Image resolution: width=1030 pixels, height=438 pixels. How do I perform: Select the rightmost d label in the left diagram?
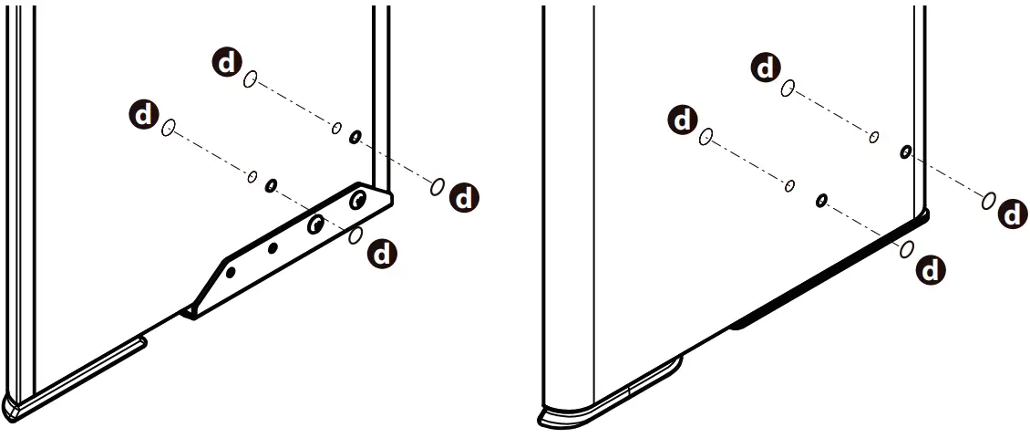(465, 197)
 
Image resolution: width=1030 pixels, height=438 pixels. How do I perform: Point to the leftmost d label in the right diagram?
(682, 120)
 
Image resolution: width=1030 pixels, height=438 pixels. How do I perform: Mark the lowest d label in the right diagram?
(930, 270)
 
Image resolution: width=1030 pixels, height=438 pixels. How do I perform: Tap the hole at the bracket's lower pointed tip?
(231, 272)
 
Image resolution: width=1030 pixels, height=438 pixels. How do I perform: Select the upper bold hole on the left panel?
(355, 137)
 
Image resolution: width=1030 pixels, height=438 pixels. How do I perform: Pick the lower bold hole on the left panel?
(271, 186)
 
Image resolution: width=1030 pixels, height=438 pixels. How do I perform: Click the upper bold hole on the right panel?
(906, 151)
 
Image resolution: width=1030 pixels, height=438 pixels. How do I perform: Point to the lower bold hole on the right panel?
(822, 199)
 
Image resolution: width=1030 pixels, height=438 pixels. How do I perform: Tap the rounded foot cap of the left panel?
(18, 405)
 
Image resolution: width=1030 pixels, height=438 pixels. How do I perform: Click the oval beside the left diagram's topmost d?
(251, 80)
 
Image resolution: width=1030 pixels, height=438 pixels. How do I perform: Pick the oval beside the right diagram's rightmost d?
(988, 201)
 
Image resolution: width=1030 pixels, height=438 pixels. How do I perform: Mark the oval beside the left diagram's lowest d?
(356, 235)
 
